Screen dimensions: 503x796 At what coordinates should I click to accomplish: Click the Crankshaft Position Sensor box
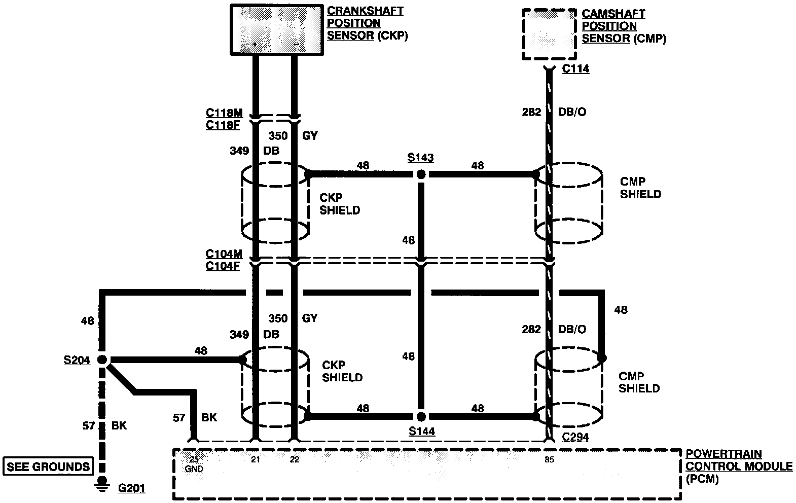[x=276, y=29]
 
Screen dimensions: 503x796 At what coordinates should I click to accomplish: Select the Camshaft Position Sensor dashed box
[x=549, y=34]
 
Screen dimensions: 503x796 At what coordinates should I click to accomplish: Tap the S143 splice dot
[x=420, y=174]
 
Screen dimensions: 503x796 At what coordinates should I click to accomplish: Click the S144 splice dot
[x=420, y=417]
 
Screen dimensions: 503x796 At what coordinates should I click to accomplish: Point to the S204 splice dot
[x=102, y=360]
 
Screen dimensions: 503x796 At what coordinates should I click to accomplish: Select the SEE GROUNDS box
[x=48, y=466]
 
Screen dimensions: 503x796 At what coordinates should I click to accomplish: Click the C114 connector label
[x=575, y=69]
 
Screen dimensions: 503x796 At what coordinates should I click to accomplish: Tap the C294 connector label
[x=575, y=437]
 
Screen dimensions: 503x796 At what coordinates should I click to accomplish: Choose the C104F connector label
[x=223, y=265]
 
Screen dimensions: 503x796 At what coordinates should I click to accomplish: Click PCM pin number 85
[x=549, y=460]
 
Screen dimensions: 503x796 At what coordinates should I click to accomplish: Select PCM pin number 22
[x=295, y=460]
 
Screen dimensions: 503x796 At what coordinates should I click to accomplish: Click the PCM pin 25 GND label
[x=194, y=464]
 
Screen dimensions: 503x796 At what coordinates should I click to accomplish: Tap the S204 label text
[x=77, y=360]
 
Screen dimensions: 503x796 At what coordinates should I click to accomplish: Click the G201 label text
[x=131, y=489]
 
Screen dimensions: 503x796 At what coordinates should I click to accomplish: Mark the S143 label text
[x=420, y=158]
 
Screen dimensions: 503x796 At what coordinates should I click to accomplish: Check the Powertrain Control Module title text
[x=738, y=466]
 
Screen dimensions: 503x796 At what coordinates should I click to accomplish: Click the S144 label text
[x=422, y=432]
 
